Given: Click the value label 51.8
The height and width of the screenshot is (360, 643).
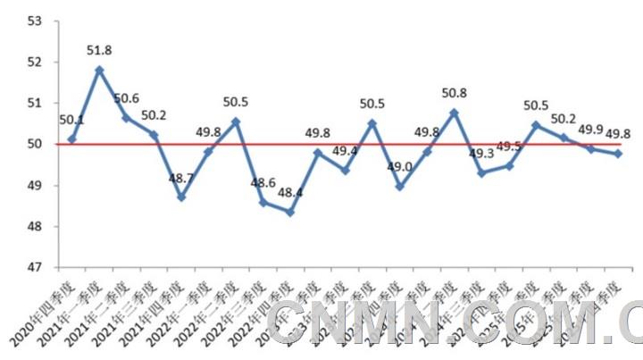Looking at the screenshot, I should click(x=99, y=51).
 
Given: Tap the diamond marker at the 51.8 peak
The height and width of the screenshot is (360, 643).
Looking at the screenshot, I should click(x=99, y=70).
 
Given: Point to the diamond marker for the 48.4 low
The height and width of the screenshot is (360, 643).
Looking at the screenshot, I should click(x=289, y=212).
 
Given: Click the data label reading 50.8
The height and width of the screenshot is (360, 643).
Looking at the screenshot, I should click(x=454, y=93).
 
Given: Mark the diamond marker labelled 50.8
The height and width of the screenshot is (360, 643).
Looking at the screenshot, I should click(x=454, y=113).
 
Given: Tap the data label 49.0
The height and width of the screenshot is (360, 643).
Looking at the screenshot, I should click(x=399, y=167).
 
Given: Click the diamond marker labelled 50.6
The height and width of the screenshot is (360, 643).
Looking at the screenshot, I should click(x=126, y=118).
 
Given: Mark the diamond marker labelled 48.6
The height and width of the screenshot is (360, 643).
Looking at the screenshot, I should click(x=263, y=203).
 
